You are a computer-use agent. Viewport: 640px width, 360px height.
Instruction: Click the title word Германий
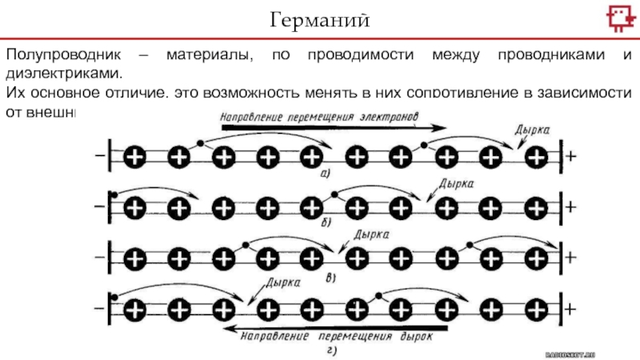(x=320, y=18)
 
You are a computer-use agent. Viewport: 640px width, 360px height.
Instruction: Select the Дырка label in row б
(x=457, y=183)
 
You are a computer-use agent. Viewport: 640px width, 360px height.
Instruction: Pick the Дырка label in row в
(x=371, y=236)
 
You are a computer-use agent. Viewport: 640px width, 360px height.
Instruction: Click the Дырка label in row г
(x=283, y=283)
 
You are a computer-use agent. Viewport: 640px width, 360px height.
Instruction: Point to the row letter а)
(x=326, y=172)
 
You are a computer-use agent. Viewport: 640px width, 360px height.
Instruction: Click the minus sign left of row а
(x=98, y=157)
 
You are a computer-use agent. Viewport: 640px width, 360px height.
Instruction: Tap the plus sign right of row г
(x=570, y=308)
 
